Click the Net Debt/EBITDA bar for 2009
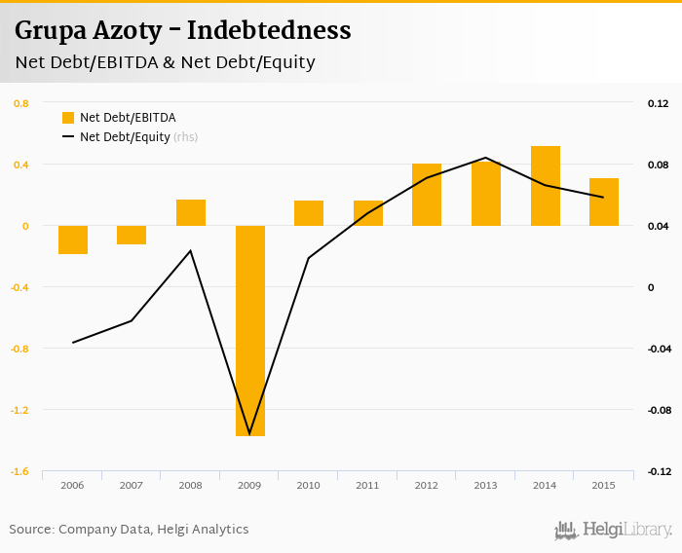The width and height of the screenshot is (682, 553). pos(250,330)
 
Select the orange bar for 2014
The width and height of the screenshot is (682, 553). pos(546,186)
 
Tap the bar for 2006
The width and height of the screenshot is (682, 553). pos(73,240)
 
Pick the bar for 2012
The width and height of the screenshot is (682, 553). pos(427,195)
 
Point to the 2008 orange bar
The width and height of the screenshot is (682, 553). pos(191,212)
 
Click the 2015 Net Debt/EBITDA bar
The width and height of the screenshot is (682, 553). pos(604,202)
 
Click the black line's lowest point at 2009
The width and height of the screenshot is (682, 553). pos(250,434)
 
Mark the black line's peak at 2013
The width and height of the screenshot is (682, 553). pos(486,158)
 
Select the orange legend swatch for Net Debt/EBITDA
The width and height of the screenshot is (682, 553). pos(68,118)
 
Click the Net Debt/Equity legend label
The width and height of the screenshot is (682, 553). pos(125,137)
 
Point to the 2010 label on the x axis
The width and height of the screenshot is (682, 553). pos(309,485)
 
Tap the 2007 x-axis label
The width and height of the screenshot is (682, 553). pos(132,485)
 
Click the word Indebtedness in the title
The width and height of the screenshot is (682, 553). pos(269,30)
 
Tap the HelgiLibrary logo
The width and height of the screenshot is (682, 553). pos(614,530)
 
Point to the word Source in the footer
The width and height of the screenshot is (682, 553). pos(31,530)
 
